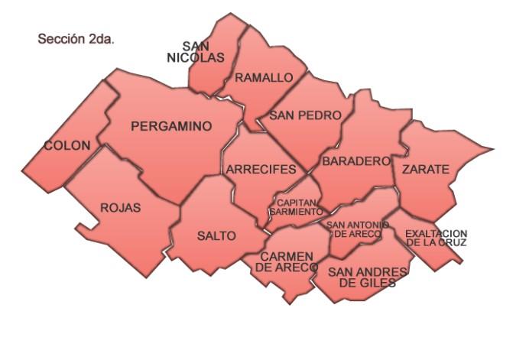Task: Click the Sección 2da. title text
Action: pyautogui.click(x=76, y=38)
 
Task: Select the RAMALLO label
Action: pyautogui.click(x=264, y=78)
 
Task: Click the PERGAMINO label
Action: pyautogui.click(x=171, y=127)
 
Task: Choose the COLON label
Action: pyautogui.click(x=67, y=145)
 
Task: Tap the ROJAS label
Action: pyautogui.click(x=121, y=207)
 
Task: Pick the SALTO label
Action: pyautogui.click(x=216, y=235)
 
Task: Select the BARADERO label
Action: pyautogui.click(x=356, y=162)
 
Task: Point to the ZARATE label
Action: pyautogui.click(x=426, y=169)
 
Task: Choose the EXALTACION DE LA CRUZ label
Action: pyautogui.click(x=436, y=238)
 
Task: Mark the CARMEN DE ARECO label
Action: pyautogui.click(x=287, y=261)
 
